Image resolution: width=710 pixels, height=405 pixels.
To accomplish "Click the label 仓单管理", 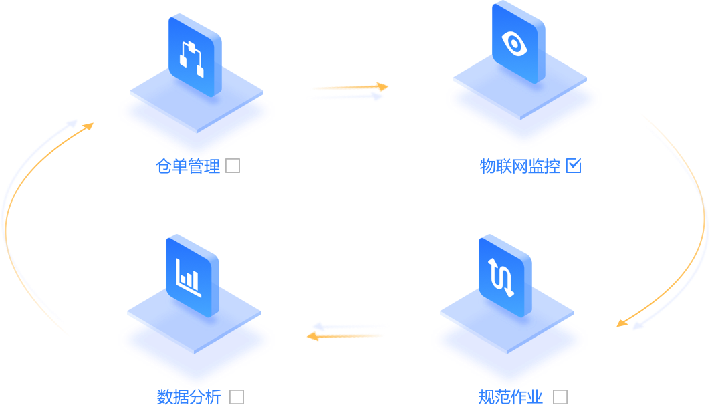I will pyautogui.click(x=188, y=166).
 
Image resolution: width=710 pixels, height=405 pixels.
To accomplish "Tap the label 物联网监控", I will pyautogui.click(x=520, y=166).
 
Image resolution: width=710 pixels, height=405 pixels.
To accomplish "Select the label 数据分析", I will pyautogui.click(x=189, y=397).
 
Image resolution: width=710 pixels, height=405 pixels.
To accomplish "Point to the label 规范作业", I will pyautogui.click(x=511, y=397).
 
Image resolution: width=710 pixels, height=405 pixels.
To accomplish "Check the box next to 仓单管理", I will pyautogui.click(x=233, y=166).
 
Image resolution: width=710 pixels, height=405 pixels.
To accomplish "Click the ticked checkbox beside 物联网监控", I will pyautogui.click(x=574, y=166).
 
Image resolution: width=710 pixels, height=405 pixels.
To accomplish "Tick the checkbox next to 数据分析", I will pyautogui.click(x=237, y=397).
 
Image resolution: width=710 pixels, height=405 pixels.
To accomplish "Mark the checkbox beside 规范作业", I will pyautogui.click(x=560, y=397).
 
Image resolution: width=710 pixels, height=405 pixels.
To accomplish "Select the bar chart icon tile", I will pyautogui.click(x=192, y=274).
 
